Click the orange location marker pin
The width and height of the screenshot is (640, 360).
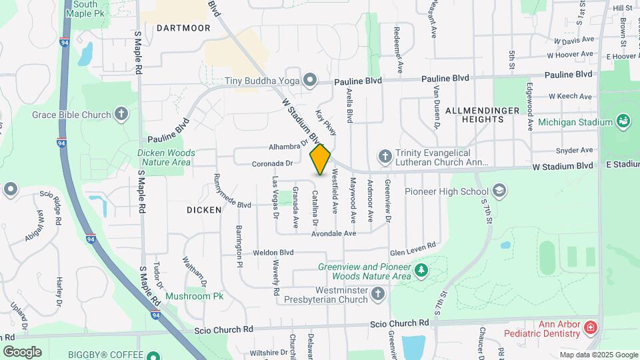click(321, 159)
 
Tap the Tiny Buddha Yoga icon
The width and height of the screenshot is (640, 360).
click(309, 81)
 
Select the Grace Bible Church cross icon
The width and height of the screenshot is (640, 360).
click(121, 114)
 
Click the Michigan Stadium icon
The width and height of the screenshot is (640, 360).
click(623, 122)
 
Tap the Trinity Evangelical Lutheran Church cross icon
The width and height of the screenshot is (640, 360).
click(385, 157)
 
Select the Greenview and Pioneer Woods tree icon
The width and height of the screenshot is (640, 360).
click(421, 271)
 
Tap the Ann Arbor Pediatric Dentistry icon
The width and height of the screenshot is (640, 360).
click(589, 327)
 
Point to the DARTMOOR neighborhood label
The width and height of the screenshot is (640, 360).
click(183, 28)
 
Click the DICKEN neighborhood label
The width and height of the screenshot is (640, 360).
click(204, 210)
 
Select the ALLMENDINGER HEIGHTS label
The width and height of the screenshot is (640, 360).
click(475, 114)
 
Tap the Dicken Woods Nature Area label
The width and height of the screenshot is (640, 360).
click(166, 157)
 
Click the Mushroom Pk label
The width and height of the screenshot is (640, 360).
click(195, 296)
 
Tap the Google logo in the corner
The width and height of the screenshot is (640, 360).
click(23, 351)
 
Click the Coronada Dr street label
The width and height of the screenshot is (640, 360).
click(273, 163)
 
